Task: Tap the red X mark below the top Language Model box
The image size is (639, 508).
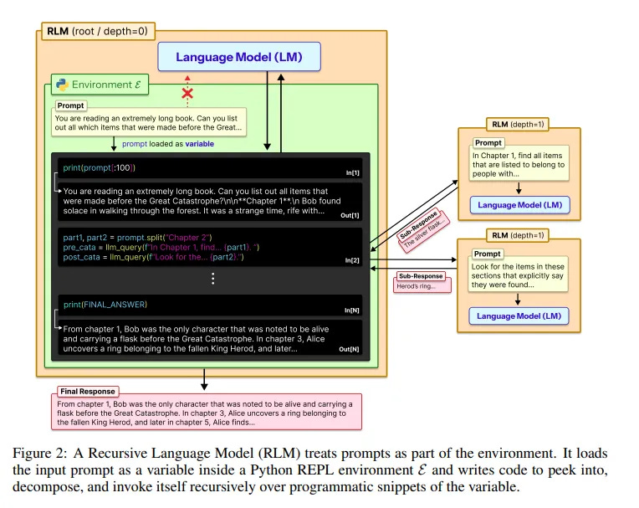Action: (x=187, y=93)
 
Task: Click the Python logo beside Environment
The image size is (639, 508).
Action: (x=61, y=85)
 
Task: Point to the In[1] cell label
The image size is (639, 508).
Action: (x=351, y=172)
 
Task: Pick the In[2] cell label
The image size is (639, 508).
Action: (x=351, y=260)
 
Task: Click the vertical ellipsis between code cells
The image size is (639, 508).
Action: (x=213, y=278)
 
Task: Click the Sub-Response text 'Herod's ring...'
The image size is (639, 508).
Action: (x=420, y=285)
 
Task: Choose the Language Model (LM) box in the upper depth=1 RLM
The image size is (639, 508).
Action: (x=519, y=204)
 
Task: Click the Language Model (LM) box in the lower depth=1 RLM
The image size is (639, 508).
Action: (x=519, y=316)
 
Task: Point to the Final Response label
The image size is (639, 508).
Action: (x=87, y=391)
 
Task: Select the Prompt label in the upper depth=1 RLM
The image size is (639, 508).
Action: (x=488, y=144)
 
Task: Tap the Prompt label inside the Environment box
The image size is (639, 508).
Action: (x=71, y=106)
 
